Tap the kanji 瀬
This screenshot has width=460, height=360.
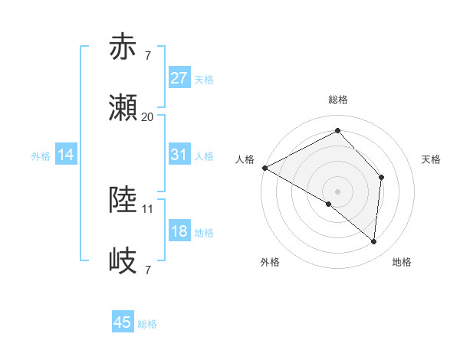(125, 109)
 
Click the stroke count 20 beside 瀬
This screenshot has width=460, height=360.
(147, 117)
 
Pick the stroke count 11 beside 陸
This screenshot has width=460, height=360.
(148, 208)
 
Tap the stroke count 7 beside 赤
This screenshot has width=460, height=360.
(147, 55)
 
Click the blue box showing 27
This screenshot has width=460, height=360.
(179, 78)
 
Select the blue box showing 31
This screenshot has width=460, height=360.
(179, 155)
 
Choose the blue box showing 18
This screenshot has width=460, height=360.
(179, 231)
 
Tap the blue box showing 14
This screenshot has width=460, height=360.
(66, 155)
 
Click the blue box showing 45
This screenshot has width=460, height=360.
(123, 322)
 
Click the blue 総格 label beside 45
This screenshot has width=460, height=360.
(148, 324)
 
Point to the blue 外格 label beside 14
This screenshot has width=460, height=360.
(41, 155)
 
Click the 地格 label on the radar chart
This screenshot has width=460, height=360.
(402, 263)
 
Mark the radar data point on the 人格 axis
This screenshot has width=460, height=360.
(264, 168)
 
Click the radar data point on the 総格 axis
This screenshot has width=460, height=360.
(337, 131)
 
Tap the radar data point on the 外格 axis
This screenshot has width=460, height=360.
(329, 204)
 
